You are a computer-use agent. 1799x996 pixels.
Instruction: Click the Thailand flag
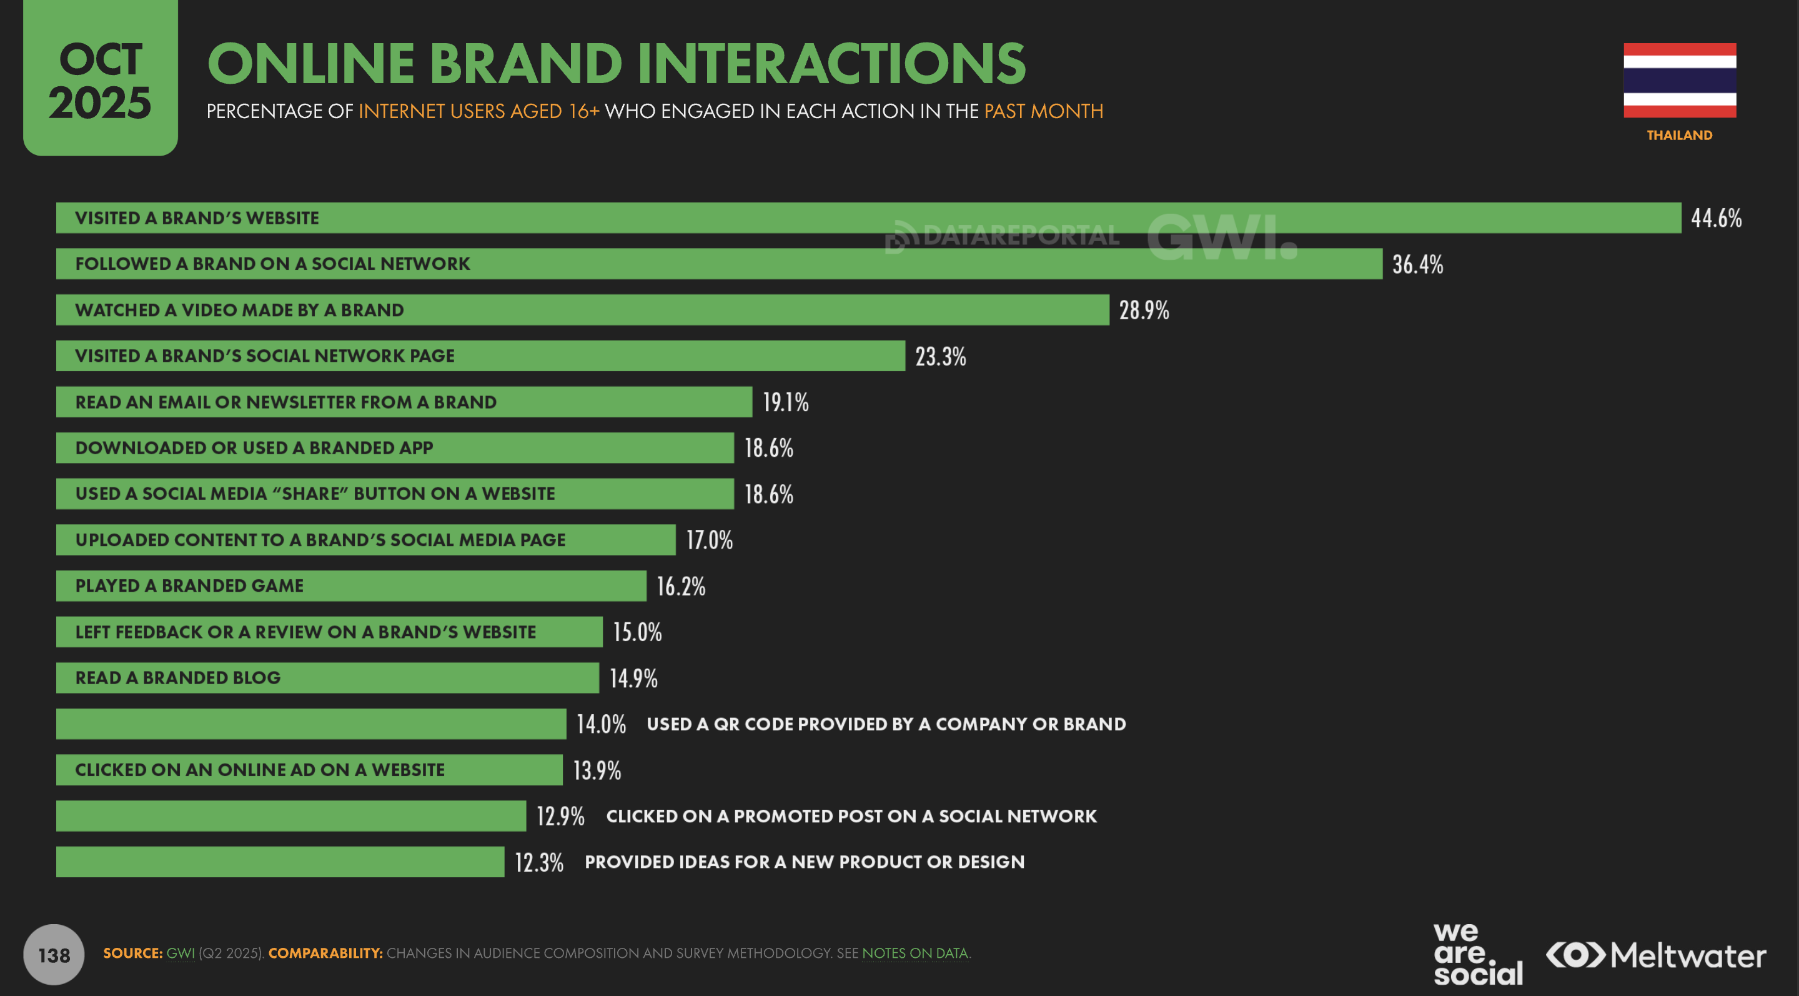click(1679, 81)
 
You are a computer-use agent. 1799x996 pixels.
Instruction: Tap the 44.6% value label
click(1716, 218)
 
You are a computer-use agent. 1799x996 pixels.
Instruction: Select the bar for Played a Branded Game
click(350, 585)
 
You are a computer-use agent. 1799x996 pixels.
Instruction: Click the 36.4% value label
click(1417, 264)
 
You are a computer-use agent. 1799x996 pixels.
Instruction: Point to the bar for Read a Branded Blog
click(327, 677)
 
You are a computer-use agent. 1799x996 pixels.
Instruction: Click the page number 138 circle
click(54, 954)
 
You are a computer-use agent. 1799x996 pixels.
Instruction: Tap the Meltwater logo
click(1655, 955)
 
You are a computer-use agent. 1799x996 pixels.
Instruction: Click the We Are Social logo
click(1477, 954)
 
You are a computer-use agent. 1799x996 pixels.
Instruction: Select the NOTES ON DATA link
click(915, 954)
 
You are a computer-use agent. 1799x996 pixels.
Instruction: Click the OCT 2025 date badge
click(100, 78)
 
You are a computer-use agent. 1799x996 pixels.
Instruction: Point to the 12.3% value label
click(538, 862)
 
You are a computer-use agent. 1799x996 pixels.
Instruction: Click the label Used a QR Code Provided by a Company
click(886, 724)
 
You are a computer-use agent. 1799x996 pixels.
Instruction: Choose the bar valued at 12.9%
click(290, 816)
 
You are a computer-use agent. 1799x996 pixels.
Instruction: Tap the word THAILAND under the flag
click(1679, 135)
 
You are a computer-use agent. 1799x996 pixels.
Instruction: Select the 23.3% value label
click(940, 356)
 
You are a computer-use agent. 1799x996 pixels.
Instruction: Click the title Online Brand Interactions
click(616, 64)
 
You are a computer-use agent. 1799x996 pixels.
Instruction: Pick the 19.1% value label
click(785, 402)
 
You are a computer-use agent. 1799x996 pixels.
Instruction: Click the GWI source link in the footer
click(180, 954)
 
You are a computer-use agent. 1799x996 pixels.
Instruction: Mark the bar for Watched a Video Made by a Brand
click(582, 310)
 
